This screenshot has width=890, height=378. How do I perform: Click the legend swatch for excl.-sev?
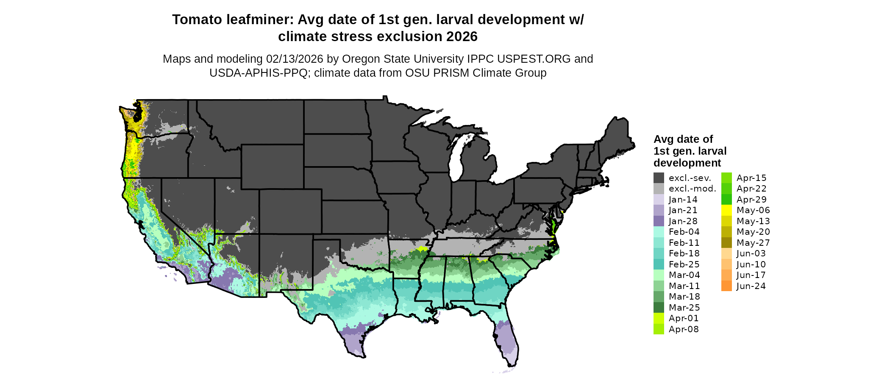659,178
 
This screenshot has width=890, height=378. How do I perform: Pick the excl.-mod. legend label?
692,189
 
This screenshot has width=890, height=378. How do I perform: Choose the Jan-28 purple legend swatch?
659,221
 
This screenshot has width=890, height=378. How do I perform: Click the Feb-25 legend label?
684,264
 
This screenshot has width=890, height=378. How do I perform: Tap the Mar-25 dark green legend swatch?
659,308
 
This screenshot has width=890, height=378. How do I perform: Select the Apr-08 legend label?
684,329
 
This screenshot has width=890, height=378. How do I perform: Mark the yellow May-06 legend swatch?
726,210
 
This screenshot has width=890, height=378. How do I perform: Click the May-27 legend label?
753,243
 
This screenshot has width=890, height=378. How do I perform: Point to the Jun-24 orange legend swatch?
726,286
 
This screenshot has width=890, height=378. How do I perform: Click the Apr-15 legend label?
751,178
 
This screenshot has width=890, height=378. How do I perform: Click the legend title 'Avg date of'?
683,139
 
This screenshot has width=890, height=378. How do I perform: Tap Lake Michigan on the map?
455,159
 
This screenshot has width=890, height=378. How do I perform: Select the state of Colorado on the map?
290,211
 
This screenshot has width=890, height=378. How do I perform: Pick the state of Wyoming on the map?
272,166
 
